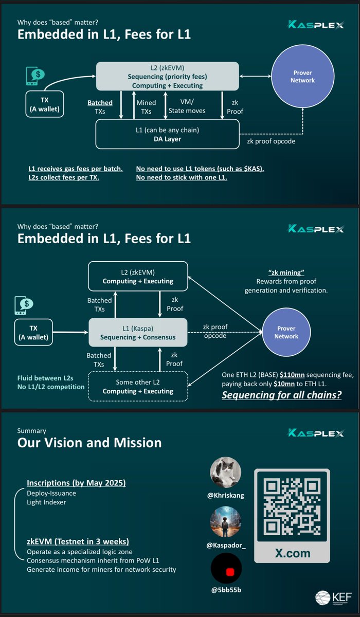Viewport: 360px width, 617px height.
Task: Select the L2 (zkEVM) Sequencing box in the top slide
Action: pyautogui.click(x=167, y=77)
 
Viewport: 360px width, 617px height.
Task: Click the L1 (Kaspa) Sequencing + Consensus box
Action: pyautogui.click(x=139, y=332)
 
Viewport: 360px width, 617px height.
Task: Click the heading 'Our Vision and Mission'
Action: pyautogui.click(x=89, y=443)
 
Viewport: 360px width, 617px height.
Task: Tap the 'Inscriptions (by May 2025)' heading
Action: pyautogui.click(x=76, y=483)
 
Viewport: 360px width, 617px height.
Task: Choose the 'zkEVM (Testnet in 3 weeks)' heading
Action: pyautogui.click(x=77, y=541)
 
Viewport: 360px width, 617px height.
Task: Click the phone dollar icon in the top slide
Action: pyautogui.click(x=35, y=77)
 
